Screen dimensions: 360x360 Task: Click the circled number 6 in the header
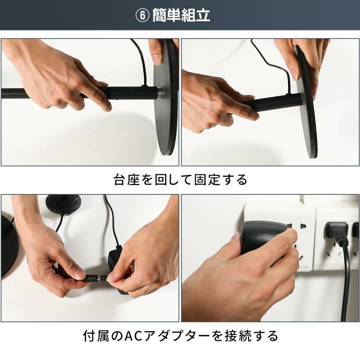[x=142, y=16]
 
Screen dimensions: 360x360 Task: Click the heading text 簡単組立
[x=181, y=15]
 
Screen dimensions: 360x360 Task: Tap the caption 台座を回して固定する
[x=180, y=180]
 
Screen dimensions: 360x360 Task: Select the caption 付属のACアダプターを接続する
[x=180, y=336]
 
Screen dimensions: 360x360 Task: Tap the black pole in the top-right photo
[x=276, y=103]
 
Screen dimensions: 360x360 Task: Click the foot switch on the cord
[x=64, y=204]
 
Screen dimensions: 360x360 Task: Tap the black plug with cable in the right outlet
[x=336, y=232]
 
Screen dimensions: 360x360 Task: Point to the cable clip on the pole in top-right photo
[x=288, y=94]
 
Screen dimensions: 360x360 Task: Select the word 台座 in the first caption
[x=127, y=180]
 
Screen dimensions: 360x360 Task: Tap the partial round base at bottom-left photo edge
[x=9, y=246]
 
